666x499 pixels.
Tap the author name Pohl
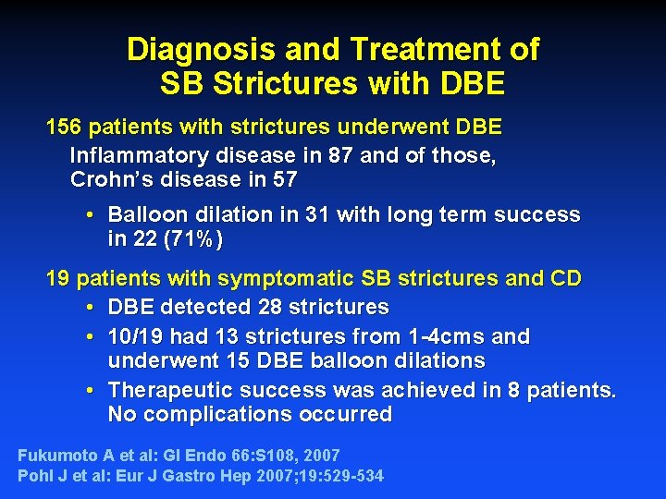[x=36, y=477]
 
